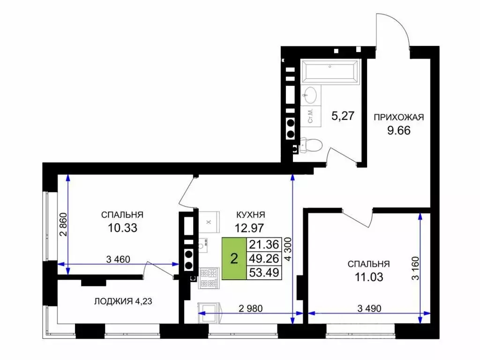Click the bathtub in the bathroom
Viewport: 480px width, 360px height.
[x=330, y=72]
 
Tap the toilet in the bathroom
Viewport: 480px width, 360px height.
[x=311, y=145]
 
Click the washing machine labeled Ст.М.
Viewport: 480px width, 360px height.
[x=311, y=116]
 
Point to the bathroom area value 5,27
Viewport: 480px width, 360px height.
[x=343, y=116]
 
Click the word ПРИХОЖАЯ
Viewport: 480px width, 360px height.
[x=399, y=117]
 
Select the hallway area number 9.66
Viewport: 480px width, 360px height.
[x=398, y=131]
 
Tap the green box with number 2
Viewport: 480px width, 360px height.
[x=234, y=259]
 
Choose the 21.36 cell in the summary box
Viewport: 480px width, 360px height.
[x=264, y=245]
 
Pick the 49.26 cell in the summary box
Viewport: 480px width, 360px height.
[x=264, y=258]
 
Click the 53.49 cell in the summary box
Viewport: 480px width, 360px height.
[x=264, y=272]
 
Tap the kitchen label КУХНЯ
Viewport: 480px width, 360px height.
[x=251, y=215]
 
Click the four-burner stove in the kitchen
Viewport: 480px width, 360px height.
[x=209, y=278]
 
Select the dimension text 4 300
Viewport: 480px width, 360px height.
[x=288, y=249]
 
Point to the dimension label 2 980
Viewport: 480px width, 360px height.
[x=250, y=308]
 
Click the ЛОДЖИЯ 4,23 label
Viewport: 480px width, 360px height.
[x=123, y=301]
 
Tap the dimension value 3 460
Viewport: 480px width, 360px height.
[x=118, y=260]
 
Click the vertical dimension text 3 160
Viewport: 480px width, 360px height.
[x=415, y=268]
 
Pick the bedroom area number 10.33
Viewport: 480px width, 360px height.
[x=122, y=228]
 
